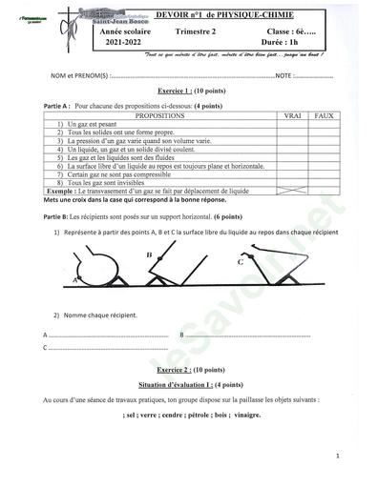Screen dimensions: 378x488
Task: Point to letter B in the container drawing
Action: click(150, 256)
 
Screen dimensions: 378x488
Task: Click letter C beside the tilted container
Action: click(240, 259)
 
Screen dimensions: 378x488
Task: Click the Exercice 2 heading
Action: click(189, 369)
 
